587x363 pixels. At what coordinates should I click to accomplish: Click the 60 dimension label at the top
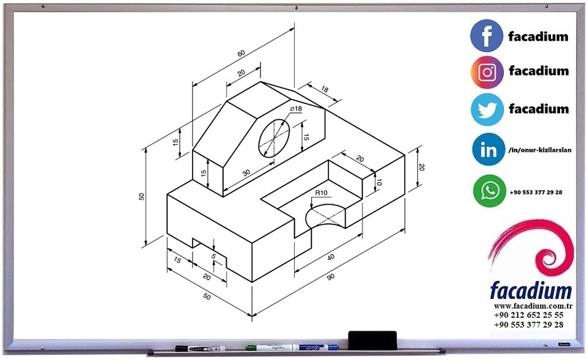pyautogui.click(x=241, y=54)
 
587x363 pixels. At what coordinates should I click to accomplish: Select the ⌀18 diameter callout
pyautogui.click(x=296, y=109)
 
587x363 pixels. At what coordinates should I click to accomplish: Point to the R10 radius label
pyautogui.click(x=321, y=193)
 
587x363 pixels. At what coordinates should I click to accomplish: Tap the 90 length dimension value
pyautogui.click(x=331, y=277)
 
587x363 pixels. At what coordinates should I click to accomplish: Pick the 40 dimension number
pyautogui.click(x=331, y=257)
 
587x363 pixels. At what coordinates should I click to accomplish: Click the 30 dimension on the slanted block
pyautogui.click(x=246, y=173)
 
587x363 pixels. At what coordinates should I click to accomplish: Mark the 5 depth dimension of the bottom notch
pyautogui.click(x=213, y=257)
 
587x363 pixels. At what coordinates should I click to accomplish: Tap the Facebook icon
pyautogui.click(x=487, y=35)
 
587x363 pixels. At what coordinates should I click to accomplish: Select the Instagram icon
pyautogui.click(x=487, y=72)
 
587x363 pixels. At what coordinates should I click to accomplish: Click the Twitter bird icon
pyautogui.click(x=487, y=109)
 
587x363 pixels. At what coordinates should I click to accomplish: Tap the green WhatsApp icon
pyautogui.click(x=489, y=191)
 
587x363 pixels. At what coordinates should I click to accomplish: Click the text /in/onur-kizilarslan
pyautogui.click(x=539, y=150)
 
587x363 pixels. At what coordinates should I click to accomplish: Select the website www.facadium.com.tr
pyautogui.click(x=529, y=305)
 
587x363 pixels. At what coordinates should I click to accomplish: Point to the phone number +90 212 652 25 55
pyautogui.click(x=529, y=315)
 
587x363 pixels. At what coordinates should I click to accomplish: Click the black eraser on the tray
pyautogui.click(x=372, y=337)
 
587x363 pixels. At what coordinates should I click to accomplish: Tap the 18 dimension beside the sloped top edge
pyautogui.click(x=324, y=90)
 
